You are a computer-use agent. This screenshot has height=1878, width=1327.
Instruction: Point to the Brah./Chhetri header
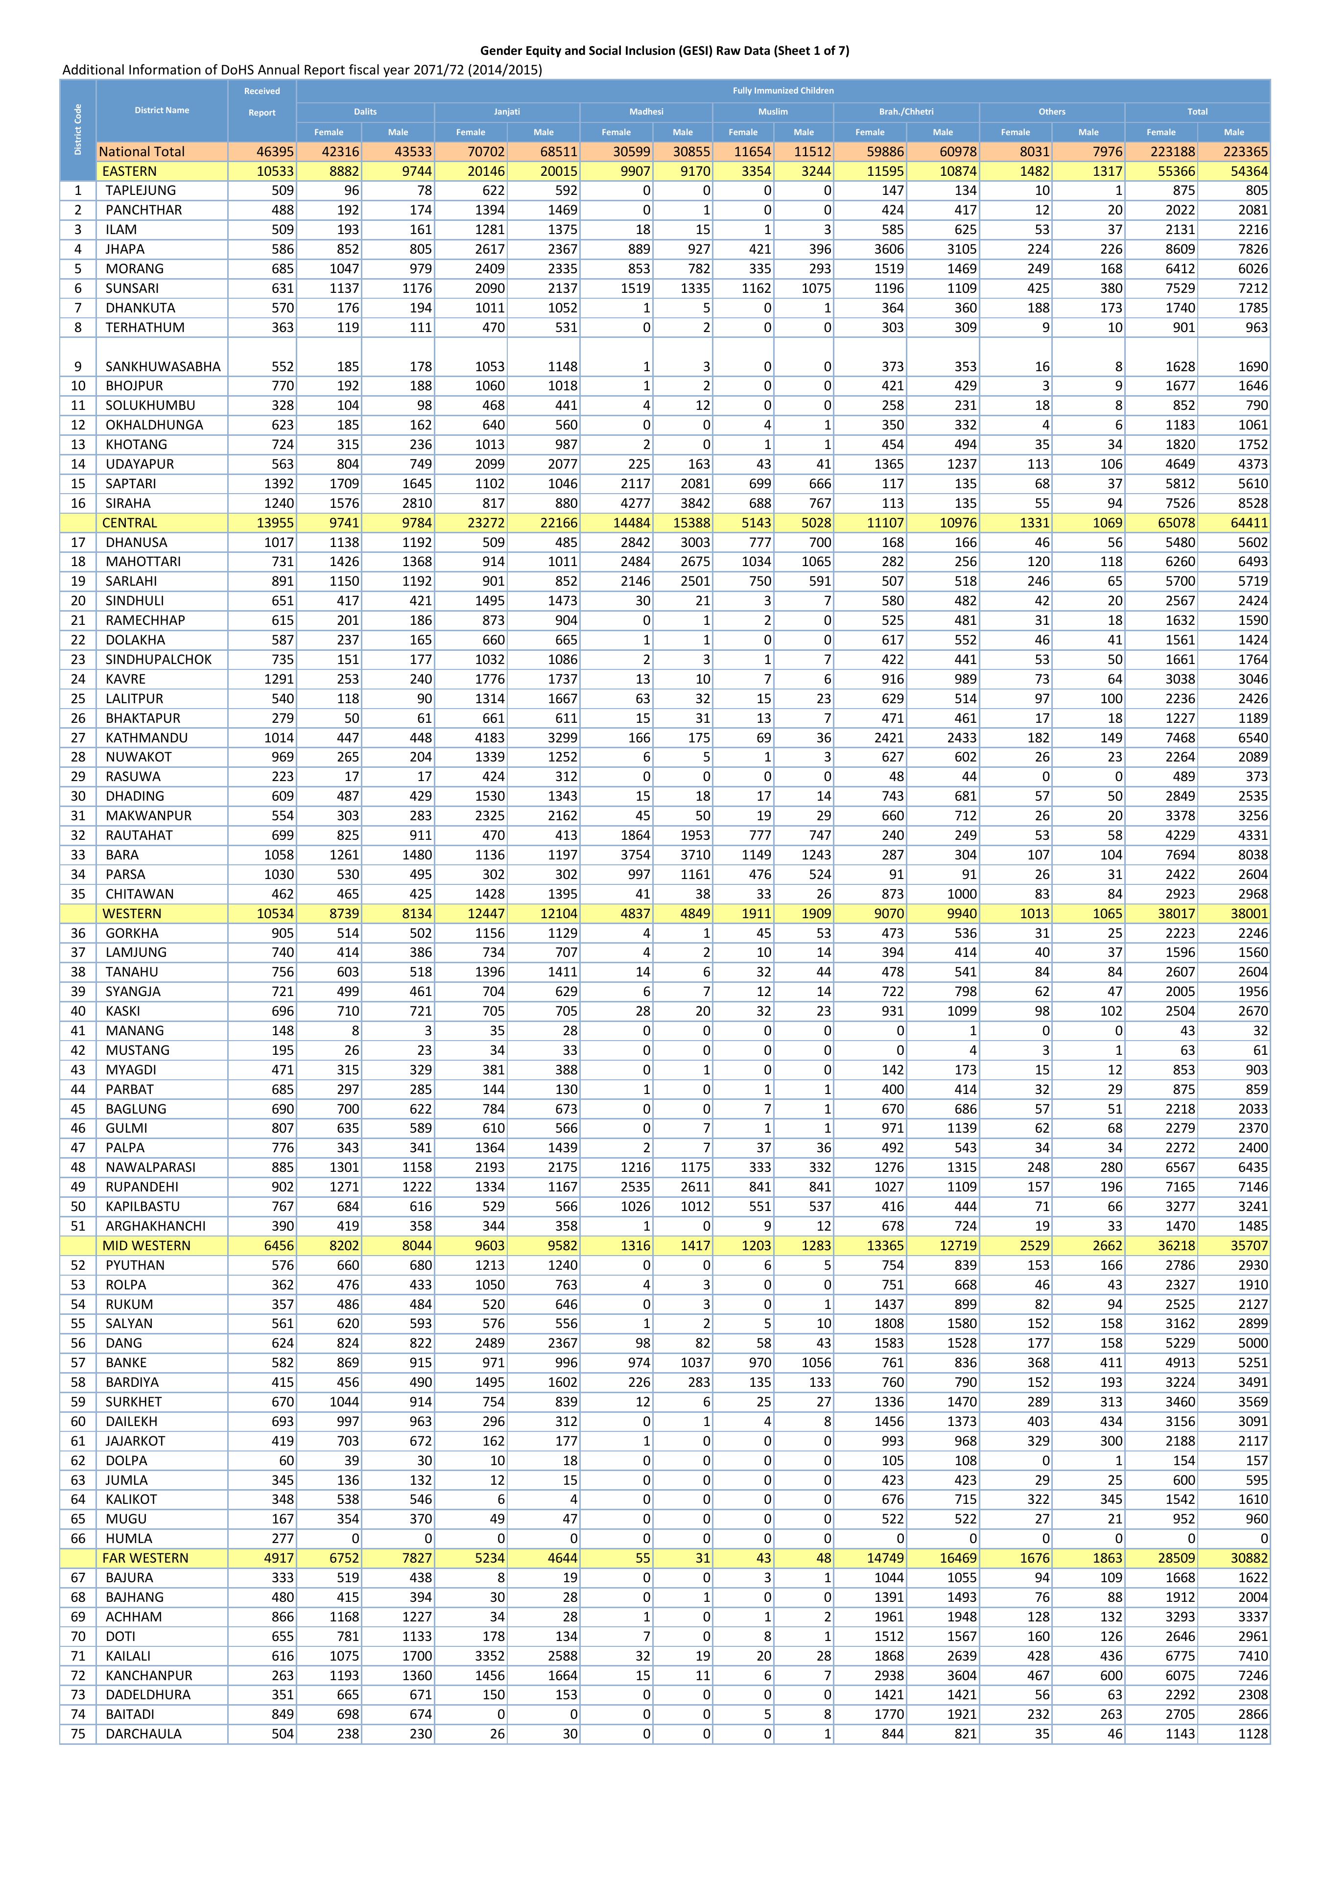[906, 111]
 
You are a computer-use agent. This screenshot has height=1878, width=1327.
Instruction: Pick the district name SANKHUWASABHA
[163, 366]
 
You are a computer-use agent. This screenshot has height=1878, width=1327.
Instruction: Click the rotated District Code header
[78, 129]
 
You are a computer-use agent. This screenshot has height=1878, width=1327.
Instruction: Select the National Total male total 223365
[1245, 151]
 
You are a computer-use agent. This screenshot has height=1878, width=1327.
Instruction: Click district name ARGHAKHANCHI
[155, 1226]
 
